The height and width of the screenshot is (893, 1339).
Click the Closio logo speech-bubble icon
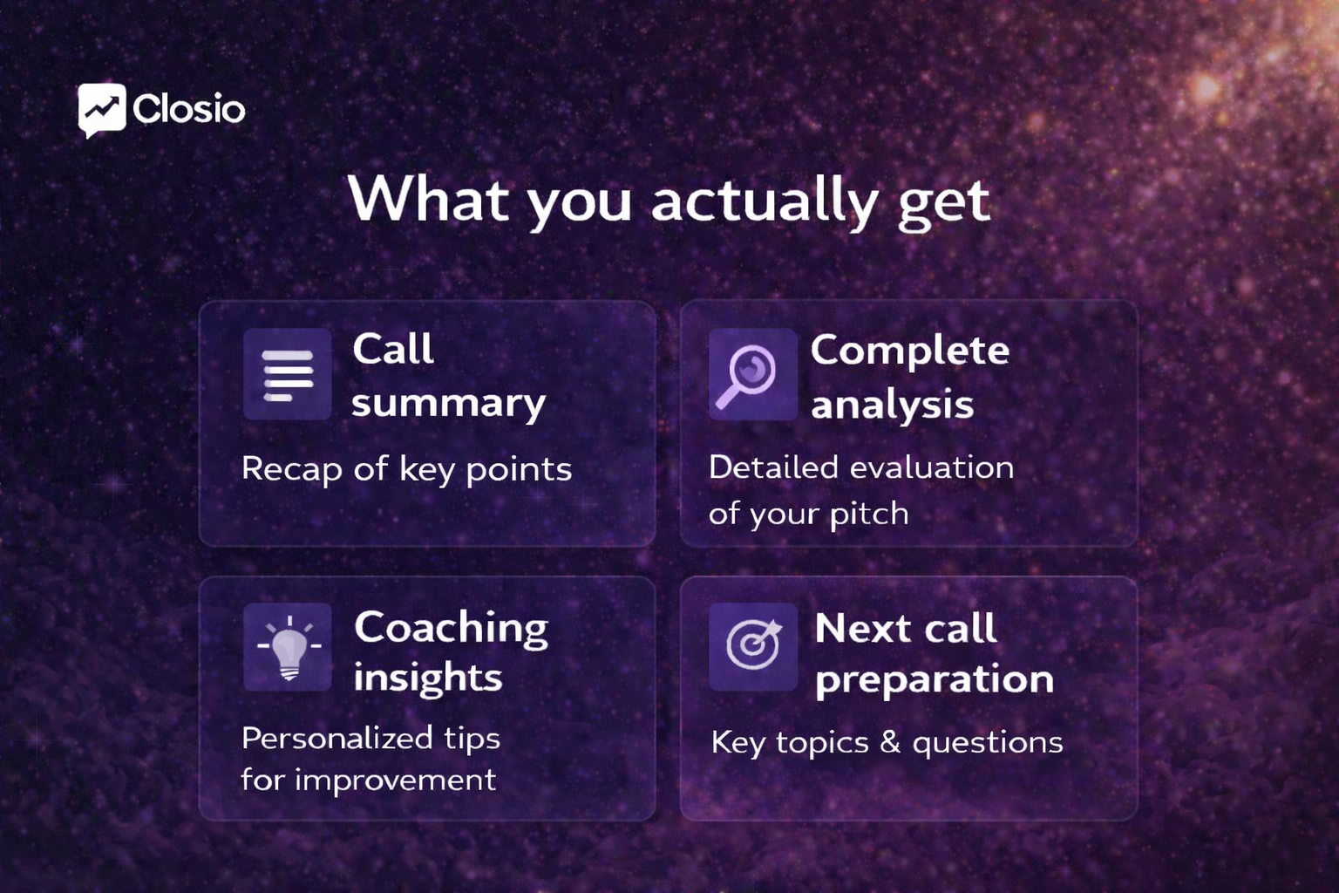(x=102, y=110)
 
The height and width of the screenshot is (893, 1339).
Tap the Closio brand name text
(x=189, y=110)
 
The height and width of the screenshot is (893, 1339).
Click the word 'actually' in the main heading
(x=764, y=201)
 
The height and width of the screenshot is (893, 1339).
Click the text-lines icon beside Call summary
(x=288, y=375)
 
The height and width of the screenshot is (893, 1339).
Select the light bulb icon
(x=288, y=648)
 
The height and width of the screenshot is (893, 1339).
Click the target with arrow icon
(x=752, y=646)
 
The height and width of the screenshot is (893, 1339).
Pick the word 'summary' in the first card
(x=448, y=404)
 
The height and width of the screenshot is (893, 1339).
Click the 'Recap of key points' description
(x=406, y=469)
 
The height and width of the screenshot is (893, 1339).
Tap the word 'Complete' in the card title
(x=909, y=351)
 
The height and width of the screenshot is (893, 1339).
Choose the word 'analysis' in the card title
(x=892, y=405)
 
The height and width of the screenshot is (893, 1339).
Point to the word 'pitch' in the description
(x=868, y=514)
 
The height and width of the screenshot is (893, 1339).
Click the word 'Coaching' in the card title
(x=451, y=628)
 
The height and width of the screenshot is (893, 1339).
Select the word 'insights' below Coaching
(x=427, y=678)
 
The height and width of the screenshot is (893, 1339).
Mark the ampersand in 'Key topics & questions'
(x=889, y=742)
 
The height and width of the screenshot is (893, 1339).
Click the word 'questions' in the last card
(x=987, y=743)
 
